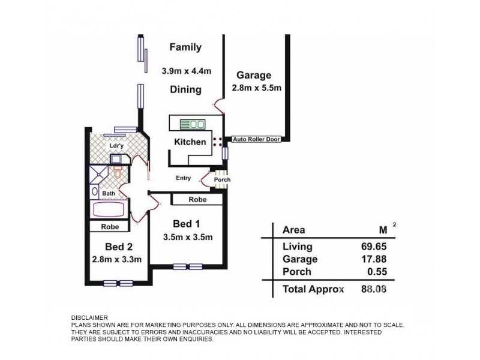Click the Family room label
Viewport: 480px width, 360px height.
coord(185,47)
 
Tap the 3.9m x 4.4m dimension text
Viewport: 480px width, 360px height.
coord(187,70)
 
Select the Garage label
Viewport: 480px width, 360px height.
coord(253,76)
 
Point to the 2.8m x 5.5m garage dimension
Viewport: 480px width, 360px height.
coord(256,88)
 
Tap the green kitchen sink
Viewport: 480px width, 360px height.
coord(193,124)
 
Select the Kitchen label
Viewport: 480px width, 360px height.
coord(190,142)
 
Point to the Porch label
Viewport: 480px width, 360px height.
coord(223,179)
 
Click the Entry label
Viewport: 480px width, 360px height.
coord(183,178)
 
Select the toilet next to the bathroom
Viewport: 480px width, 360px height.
coord(118,173)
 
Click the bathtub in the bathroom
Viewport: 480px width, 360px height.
coord(109,211)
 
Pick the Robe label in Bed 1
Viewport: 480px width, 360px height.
coord(198,199)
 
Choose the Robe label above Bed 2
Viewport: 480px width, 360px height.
coord(109,227)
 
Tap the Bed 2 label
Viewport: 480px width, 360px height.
coord(118,247)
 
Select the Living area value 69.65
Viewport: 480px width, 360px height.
coord(375,247)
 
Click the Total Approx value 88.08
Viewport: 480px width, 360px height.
coord(375,289)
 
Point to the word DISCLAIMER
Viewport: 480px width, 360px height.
coord(90,318)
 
